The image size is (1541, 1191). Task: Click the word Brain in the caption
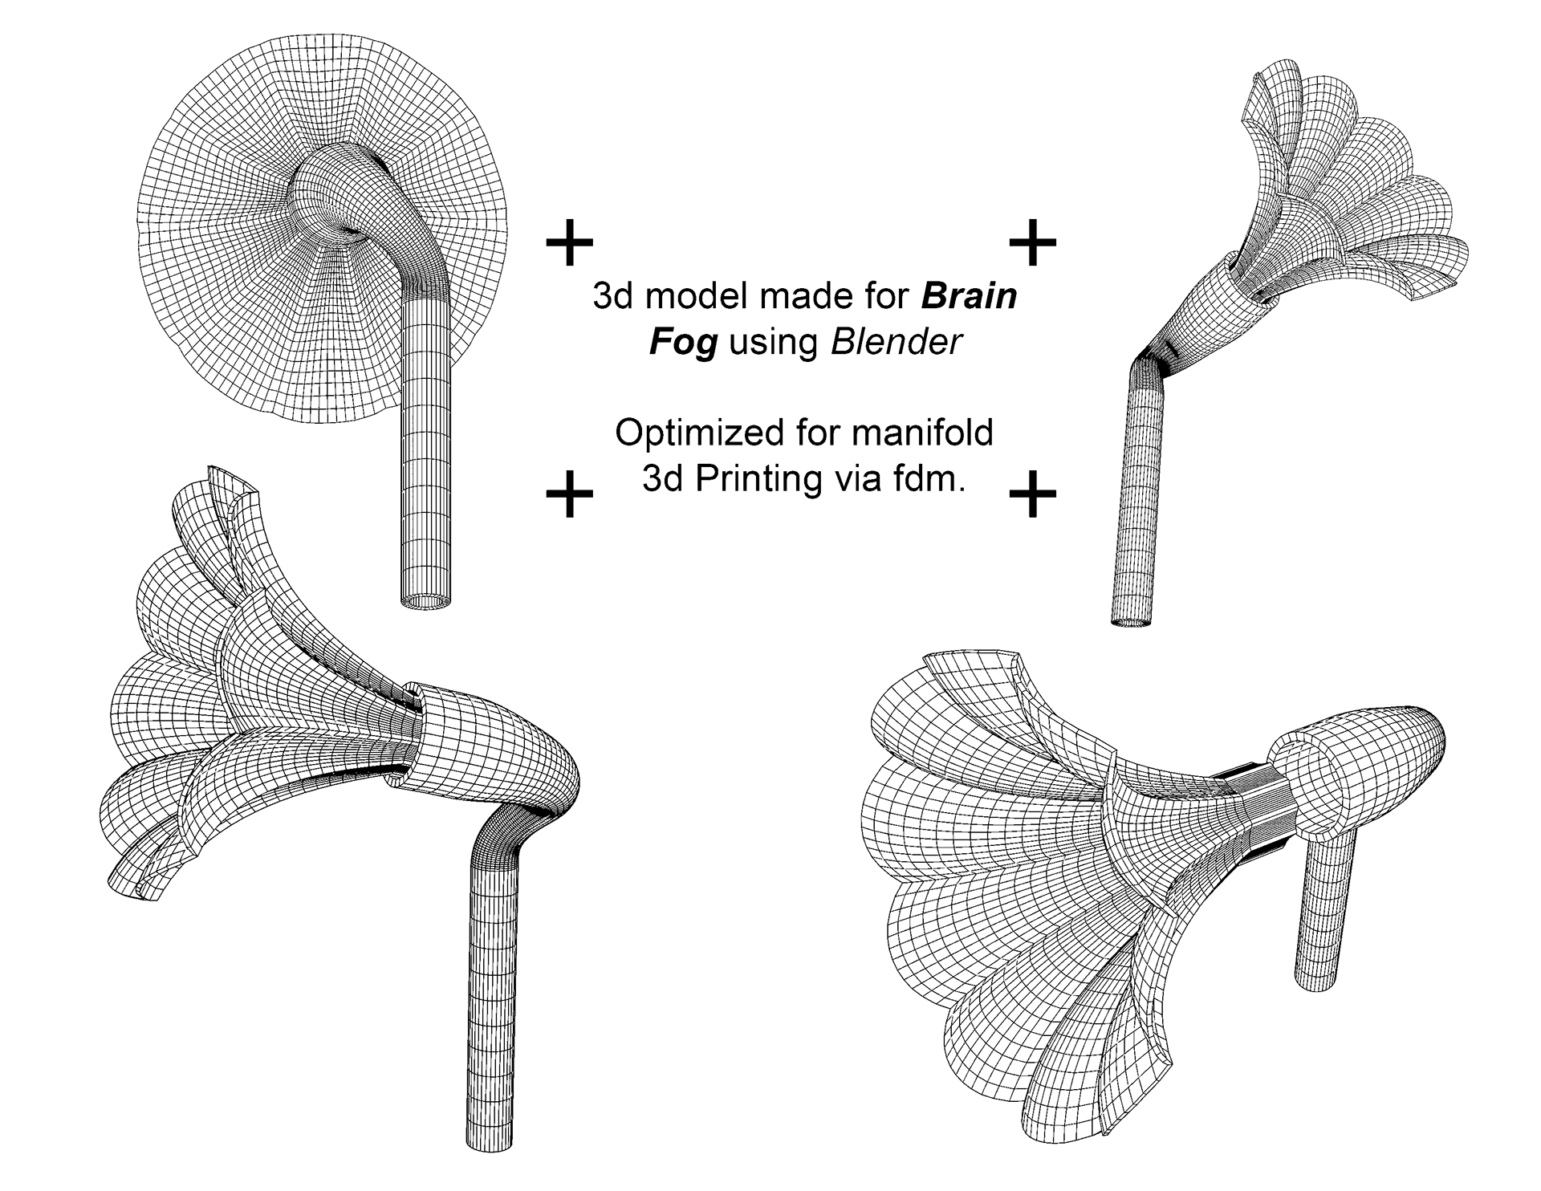point(969,296)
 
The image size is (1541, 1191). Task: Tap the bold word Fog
point(682,343)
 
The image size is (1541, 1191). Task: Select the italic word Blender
point(896,343)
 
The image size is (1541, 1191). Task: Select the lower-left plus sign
point(569,493)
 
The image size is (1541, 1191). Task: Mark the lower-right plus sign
point(1032,493)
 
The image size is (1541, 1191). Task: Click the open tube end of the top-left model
point(425,600)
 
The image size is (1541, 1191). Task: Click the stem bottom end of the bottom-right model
point(1317,979)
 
